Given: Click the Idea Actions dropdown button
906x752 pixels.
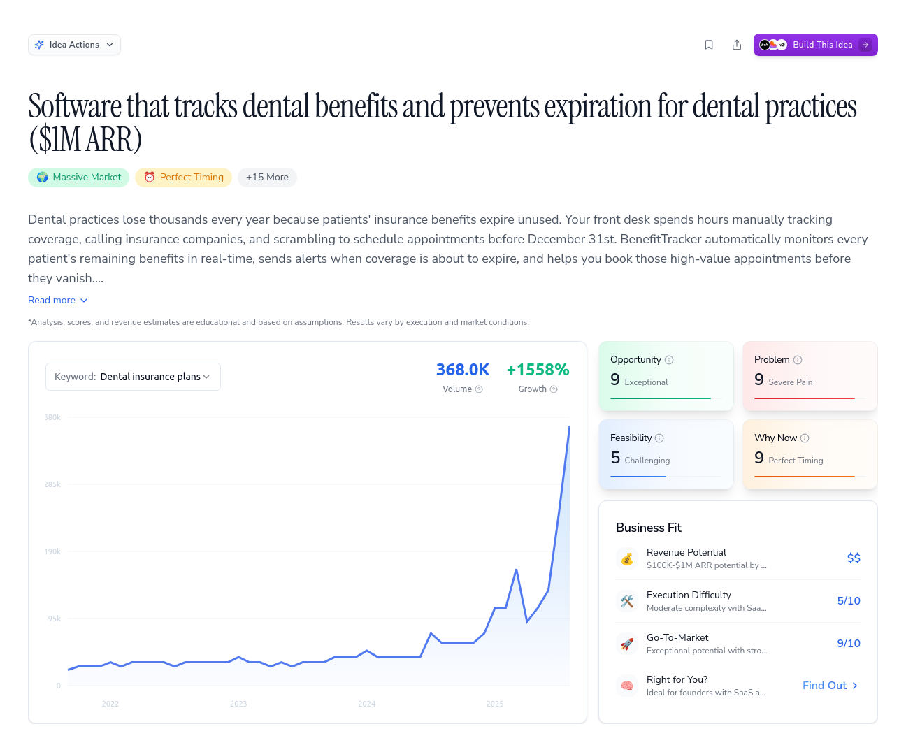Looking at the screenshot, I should click(x=74, y=45).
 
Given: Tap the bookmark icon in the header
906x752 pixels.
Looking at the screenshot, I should click(x=709, y=45).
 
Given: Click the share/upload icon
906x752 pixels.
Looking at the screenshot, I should click(x=737, y=45).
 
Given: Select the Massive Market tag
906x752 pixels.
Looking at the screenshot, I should click(x=79, y=178).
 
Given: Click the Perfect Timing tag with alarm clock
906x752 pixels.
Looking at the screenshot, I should click(x=183, y=178).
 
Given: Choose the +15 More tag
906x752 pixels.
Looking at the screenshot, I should click(x=267, y=178).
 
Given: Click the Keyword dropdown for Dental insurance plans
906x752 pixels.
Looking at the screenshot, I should click(x=133, y=377).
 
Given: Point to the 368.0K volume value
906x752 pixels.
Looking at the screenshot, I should click(x=463, y=370).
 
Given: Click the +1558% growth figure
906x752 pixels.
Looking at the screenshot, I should click(x=538, y=370).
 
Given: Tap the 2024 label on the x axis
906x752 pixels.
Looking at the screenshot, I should click(x=367, y=704).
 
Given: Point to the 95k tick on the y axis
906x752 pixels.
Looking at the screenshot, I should click(x=55, y=619).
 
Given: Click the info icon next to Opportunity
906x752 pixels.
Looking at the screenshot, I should click(x=669, y=360).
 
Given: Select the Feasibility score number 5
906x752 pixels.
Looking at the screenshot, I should click(x=615, y=458).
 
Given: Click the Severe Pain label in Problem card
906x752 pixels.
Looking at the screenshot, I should click(x=790, y=382).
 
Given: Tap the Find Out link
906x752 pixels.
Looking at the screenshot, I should click(x=830, y=686).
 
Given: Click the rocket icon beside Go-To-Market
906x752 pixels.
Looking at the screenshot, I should click(x=627, y=644).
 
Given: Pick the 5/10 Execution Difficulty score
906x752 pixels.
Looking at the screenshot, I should click(x=849, y=601).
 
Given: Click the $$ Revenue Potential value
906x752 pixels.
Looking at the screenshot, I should click(x=854, y=558).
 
